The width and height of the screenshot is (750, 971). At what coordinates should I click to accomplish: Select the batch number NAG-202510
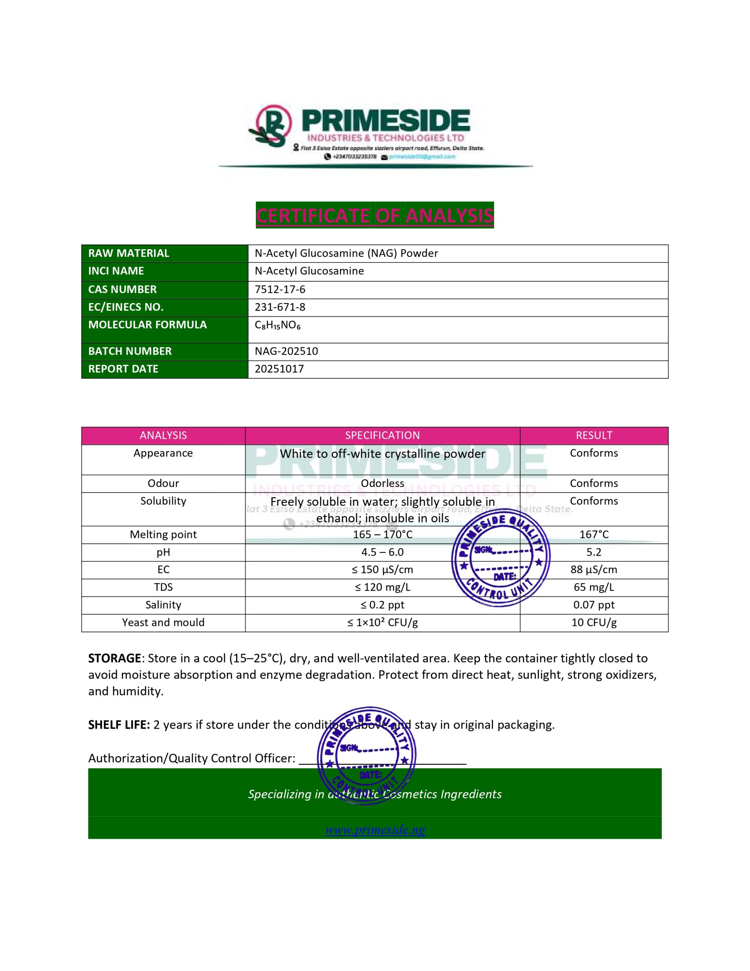point(286,351)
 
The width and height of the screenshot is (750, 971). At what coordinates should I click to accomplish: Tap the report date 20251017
point(279,369)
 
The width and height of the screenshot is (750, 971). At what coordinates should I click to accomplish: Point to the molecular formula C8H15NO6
point(278,325)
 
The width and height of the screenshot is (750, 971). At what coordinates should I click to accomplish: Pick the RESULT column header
point(593,436)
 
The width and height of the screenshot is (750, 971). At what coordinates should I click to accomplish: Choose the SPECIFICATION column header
point(382,436)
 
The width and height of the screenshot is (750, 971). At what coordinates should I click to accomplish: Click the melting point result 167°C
point(593,534)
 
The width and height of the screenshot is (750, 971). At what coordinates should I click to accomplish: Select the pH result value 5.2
point(593,552)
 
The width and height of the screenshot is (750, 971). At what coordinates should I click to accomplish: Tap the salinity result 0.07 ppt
point(593,605)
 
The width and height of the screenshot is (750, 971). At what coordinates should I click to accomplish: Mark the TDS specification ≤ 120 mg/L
point(382,587)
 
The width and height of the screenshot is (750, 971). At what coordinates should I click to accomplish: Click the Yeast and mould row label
point(163,622)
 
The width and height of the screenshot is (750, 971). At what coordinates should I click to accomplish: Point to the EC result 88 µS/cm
point(593,570)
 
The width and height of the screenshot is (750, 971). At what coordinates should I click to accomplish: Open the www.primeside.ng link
point(375,830)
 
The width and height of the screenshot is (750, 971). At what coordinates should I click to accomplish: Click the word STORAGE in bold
point(114,658)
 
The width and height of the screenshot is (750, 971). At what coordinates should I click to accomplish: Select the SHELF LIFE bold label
point(119,725)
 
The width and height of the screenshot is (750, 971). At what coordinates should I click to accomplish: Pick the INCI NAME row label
point(116,271)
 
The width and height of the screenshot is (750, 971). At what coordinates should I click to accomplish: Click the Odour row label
point(163,483)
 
